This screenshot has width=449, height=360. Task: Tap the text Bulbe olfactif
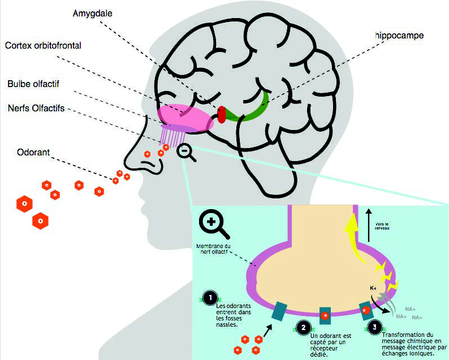(x=33, y=84)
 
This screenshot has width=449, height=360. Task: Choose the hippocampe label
(x=398, y=36)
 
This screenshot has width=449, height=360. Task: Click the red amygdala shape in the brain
(x=221, y=114)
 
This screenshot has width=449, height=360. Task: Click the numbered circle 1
(x=210, y=297)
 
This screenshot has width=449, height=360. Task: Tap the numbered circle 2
(x=304, y=327)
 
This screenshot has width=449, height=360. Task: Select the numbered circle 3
(x=373, y=326)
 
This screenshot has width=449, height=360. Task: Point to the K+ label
(x=373, y=288)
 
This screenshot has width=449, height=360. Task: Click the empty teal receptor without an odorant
(x=279, y=311)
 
